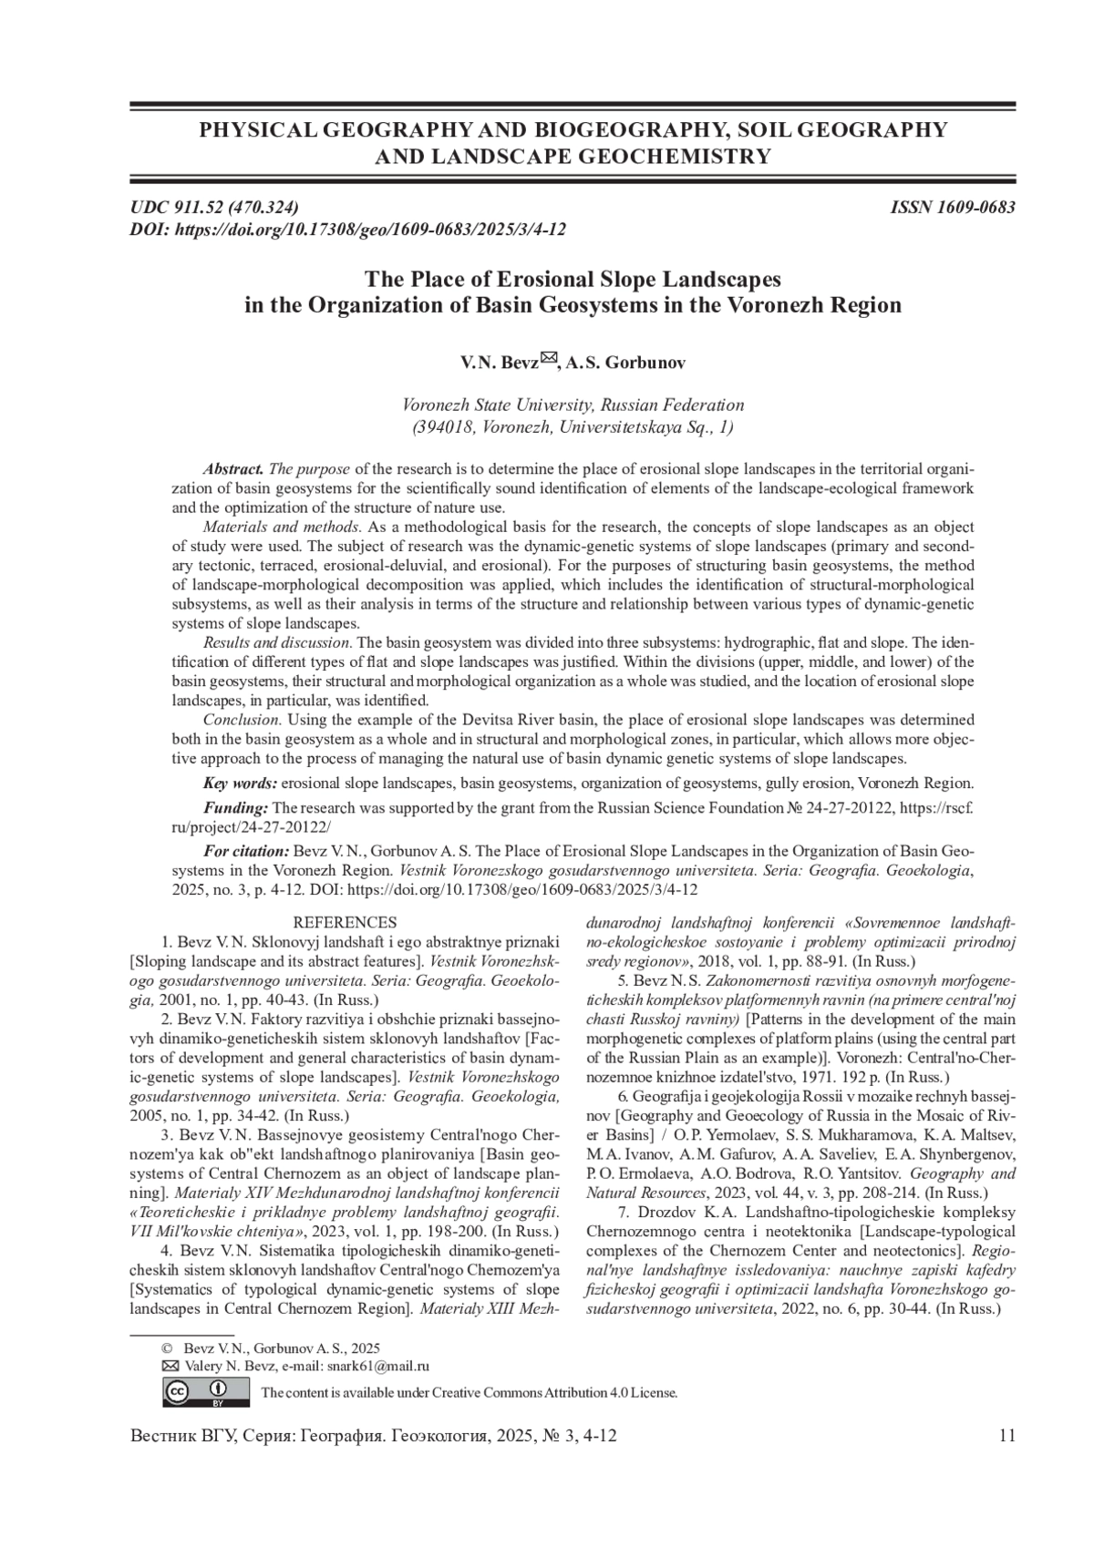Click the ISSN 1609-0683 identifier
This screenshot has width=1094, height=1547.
tap(953, 207)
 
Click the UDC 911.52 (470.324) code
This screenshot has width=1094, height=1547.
tap(214, 207)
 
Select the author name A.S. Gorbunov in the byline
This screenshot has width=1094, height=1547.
tap(625, 363)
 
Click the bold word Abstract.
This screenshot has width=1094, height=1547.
tap(233, 469)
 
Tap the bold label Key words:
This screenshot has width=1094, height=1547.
tap(240, 783)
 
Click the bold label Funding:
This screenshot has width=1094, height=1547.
tap(235, 807)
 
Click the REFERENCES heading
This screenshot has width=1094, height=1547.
tap(345, 923)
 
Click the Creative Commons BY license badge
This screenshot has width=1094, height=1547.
tap(206, 1391)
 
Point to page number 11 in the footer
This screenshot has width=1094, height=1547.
tap(1006, 1436)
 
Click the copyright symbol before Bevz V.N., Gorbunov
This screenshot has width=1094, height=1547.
tap(167, 1347)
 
